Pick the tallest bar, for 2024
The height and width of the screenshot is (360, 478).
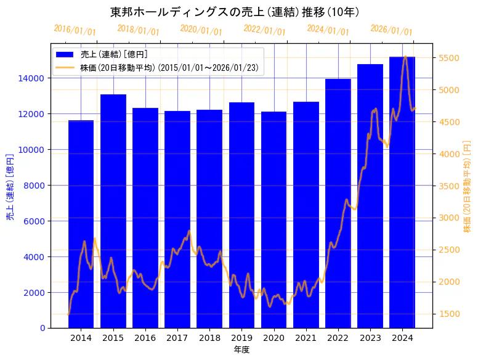coord(402,192)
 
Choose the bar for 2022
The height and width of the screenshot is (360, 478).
coord(338,203)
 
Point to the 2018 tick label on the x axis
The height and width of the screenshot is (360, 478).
coord(209,338)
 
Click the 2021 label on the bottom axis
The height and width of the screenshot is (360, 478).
coord(306,338)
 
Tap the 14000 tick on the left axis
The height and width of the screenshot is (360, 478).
coord(31,78)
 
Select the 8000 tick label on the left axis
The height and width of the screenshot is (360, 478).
coord(33,186)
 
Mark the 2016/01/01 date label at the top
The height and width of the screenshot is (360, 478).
coord(75,30)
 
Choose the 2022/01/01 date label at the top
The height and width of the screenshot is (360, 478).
coord(264,30)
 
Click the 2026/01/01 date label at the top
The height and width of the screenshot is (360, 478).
coord(391,30)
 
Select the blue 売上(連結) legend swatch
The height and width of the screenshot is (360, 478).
coord(65,55)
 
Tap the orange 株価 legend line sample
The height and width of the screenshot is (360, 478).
coord(65,67)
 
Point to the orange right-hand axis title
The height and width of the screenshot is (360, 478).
coord(467,186)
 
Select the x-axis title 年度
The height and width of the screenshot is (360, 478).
coord(241,350)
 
